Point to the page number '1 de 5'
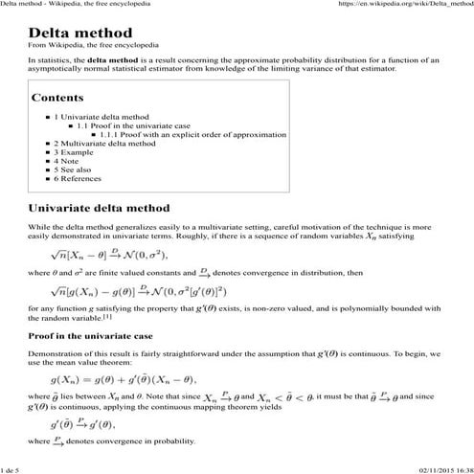click(14, 467)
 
